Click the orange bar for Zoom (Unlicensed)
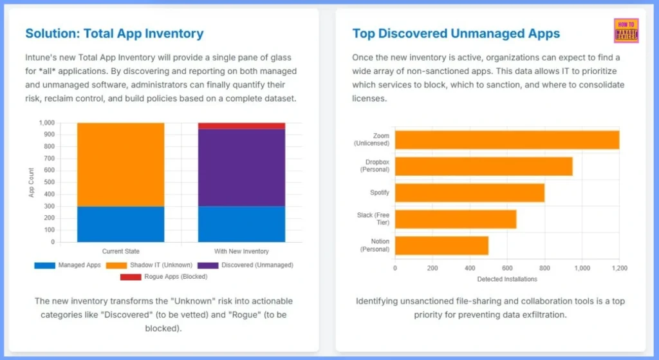[x=506, y=140]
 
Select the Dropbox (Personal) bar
[x=483, y=166]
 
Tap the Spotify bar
[x=469, y=193]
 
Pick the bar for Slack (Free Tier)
[x=455, y=219]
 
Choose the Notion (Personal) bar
[x=441, y=245]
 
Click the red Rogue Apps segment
[x=241, y=126]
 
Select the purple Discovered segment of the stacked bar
[x=241, y=167]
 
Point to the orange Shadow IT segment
[x=120, y=164]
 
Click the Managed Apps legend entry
[x=68, y=265]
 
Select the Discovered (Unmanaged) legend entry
[x=247, y=265]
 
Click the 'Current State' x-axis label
[x=120, y=251]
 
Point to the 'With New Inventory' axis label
[x=241, y=251]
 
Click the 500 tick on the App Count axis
[x=49, y=183]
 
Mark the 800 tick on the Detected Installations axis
[x=544, y=268]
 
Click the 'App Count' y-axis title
[x=32, y=183]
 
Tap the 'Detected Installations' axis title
[x=506, y=279]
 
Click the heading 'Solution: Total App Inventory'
[x=114, y=33]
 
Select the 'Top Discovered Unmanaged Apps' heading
[x=456, y=33]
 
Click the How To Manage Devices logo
[x=626, y=31]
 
